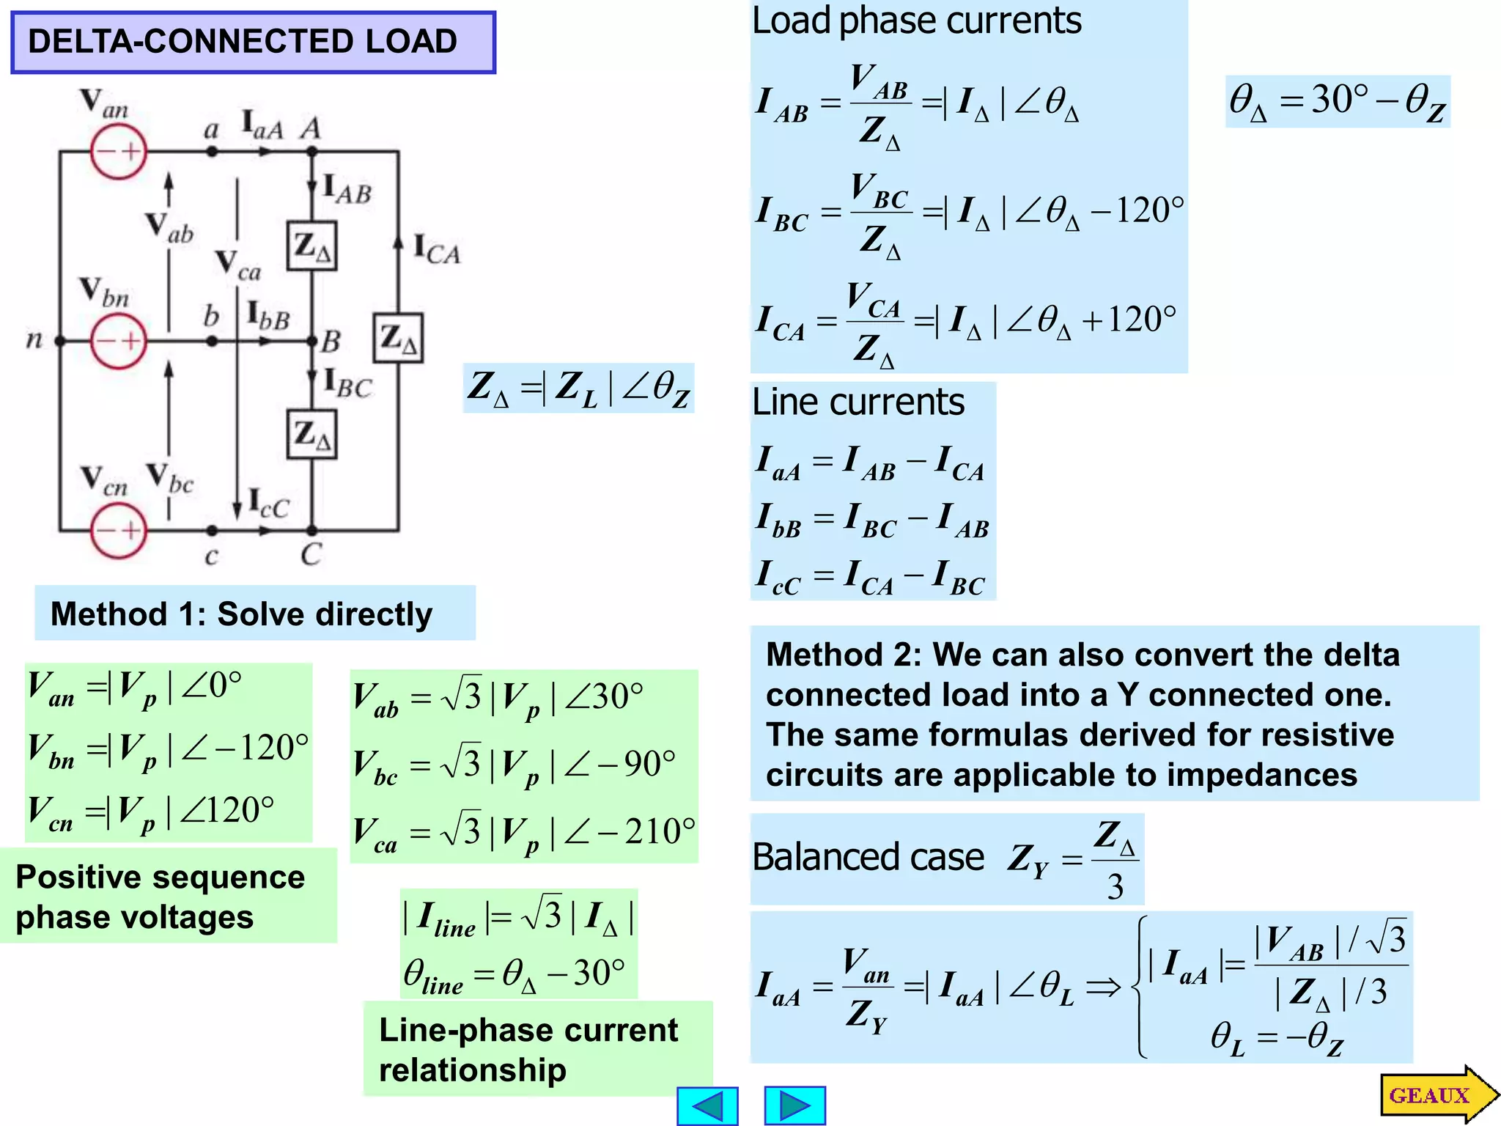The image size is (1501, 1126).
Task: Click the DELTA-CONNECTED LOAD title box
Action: tap(253, 42)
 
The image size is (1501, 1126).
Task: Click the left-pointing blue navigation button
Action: tap(707, 1105)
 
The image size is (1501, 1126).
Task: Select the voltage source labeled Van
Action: tap(119, 152)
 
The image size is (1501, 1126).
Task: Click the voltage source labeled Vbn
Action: tap(119, 341)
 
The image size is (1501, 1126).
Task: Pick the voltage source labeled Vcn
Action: tap(119, 530)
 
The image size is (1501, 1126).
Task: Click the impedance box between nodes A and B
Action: tap(312, 246)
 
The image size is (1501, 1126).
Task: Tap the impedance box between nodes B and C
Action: tap(312, 435)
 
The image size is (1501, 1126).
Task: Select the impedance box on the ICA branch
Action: tap(398, 338)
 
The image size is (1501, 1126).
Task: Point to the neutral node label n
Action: tap(34, 339)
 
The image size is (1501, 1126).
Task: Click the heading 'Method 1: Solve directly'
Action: tap(242, 614)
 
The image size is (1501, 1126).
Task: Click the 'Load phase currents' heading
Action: tap(916, 21)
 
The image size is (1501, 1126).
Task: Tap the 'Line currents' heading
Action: tap(858, 402)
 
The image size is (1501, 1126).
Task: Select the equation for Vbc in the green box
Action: tap(513, 765)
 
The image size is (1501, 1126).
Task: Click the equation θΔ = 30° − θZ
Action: tap(1337, 101)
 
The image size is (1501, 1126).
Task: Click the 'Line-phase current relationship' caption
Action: tap(528, 1049)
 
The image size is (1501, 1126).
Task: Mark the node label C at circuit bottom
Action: tap(311, 555)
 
